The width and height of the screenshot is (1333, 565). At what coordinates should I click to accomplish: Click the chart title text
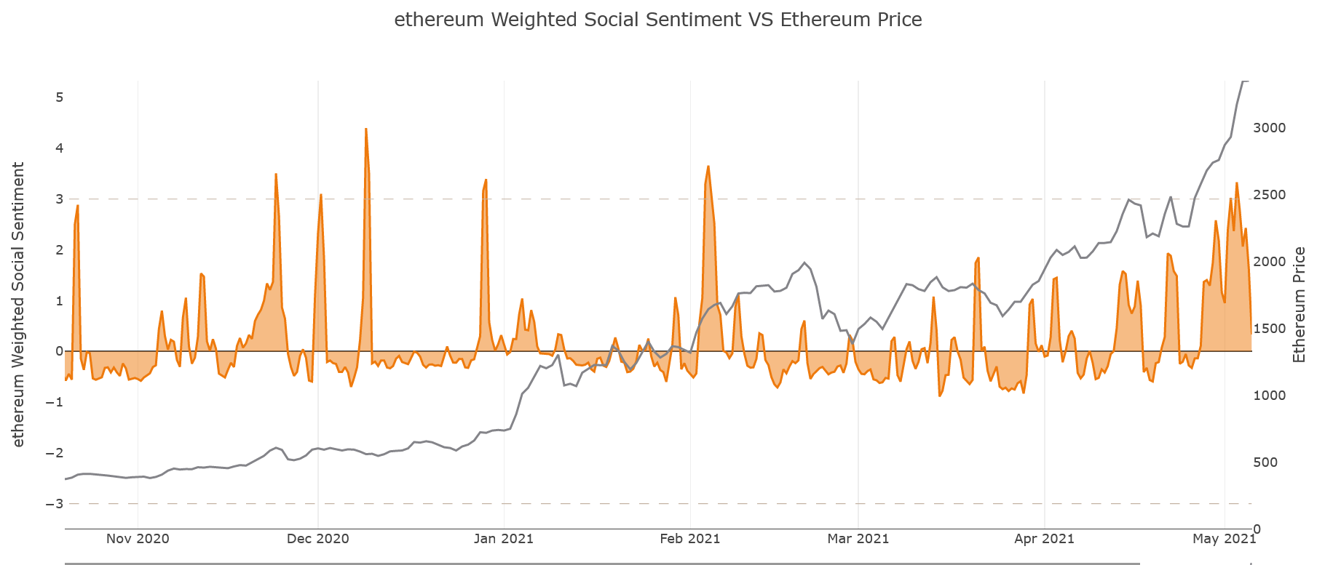(x=657, y=20)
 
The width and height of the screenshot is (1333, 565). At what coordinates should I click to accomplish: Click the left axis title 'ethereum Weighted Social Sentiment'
(x=18, y=304)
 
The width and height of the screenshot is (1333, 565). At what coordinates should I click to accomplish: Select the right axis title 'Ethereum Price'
(x=1299, y=304)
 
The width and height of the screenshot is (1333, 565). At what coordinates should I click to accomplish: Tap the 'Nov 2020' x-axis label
(x=138, y=539)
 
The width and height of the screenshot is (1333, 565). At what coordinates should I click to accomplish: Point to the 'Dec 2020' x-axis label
(x=317, y=539)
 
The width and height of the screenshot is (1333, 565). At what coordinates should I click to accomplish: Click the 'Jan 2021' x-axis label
(x=503, y=539)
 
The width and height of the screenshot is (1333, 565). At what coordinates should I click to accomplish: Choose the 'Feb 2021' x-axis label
(x=689, y=539)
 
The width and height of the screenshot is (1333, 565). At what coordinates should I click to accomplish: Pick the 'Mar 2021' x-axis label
(x=858, y=539)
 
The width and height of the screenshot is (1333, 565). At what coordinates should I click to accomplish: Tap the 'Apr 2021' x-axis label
(x=1044, y=539)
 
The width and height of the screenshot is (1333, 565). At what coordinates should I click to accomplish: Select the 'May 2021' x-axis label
(x=1224, y=539)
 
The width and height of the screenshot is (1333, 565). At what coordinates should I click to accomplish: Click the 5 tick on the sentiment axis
(x=59, y=97)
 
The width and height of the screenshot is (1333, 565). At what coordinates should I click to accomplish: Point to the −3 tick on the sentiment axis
(x=55, y=504)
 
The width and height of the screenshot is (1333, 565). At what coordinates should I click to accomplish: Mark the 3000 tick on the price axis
(x=1269, y=128)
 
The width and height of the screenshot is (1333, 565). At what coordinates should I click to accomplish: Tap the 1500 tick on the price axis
(x=1269, y=329)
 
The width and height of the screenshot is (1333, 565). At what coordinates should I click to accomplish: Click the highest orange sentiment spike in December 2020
(x=365, y=129)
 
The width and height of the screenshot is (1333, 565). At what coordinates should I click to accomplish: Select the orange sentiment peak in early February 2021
(x=708, y=167)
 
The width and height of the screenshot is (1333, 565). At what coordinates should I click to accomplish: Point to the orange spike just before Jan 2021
(x=486, y=180)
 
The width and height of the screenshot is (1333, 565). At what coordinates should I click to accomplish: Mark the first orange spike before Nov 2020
(x=77, y=206)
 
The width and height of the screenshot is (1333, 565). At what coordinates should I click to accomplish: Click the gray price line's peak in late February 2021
(x=804, y=263)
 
